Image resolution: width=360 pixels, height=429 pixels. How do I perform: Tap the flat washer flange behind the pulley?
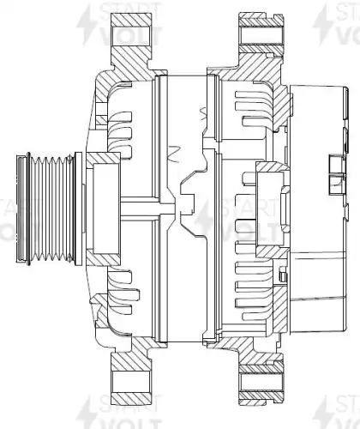point(78,209)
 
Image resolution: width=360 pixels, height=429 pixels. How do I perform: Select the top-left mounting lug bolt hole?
point(130,36)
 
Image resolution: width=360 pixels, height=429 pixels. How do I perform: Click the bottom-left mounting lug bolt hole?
point(130,382)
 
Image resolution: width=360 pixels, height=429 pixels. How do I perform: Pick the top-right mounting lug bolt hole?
point(259,36)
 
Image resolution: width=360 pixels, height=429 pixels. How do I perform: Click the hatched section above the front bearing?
point(103,159)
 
